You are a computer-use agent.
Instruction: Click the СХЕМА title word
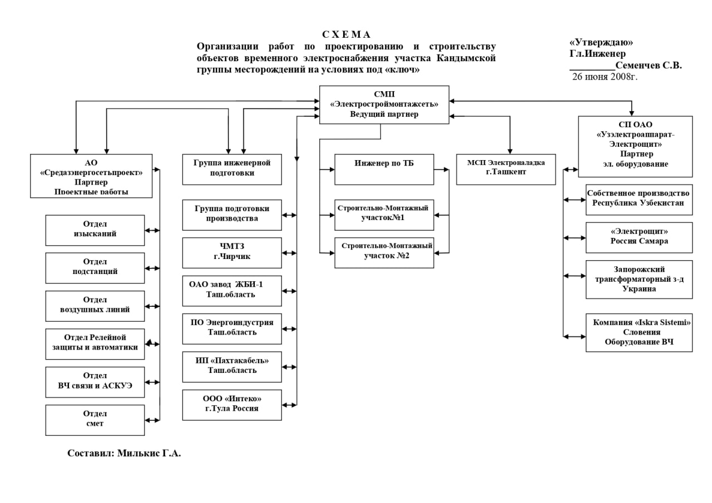point(346,34)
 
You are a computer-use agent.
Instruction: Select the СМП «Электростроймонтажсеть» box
point(384,104)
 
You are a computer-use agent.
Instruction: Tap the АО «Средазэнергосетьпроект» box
point(91,176)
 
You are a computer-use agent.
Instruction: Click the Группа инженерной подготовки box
point(232,169)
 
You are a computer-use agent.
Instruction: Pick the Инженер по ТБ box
point(384,169)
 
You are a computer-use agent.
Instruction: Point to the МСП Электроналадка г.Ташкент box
point(506,169)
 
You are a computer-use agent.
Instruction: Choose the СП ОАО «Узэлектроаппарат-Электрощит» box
point(635,146)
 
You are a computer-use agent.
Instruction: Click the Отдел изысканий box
point(95,230)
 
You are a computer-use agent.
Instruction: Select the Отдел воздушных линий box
point(95,306)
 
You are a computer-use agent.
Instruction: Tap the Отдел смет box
point(95,420)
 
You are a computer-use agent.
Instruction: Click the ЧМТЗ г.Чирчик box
point(232,253)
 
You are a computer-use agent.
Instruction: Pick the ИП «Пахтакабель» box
point(232,366)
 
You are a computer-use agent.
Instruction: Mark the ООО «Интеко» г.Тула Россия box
point(232,405)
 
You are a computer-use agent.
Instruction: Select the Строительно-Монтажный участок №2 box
point(384,252)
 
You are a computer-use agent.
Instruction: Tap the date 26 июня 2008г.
point(605,77)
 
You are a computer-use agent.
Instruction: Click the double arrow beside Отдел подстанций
point(152,268)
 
